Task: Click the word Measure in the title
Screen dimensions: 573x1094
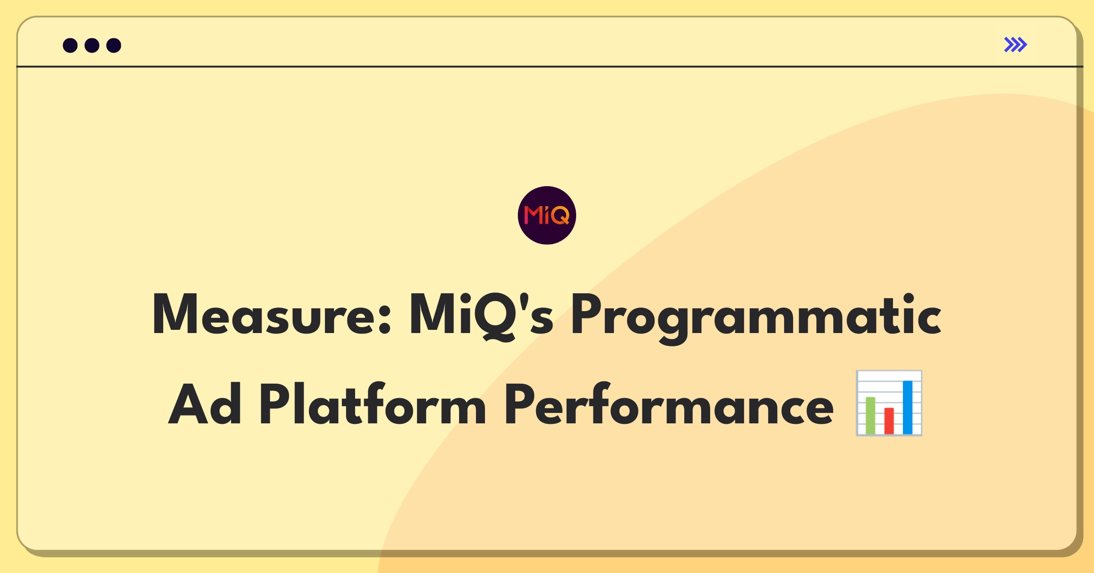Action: click(x=264, y=315)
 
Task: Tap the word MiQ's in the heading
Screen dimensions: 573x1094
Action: click(x=481, y=315)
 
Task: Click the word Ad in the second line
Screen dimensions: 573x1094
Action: click(x=205, y=404)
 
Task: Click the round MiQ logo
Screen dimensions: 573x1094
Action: click(x=547, y=215)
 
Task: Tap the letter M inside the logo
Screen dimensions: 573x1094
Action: click(x=532, y=215)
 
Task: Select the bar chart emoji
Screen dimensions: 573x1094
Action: click(x=889, y=403)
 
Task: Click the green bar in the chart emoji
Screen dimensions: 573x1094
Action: click(x=870, y=416)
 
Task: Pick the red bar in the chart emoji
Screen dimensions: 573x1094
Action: click(x=889, y=421)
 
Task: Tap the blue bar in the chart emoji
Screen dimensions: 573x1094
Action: click(x=908, y=407)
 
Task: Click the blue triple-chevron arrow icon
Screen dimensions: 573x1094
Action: click(x=1015, y=45)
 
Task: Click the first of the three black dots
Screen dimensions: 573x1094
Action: click(x=70, y=46)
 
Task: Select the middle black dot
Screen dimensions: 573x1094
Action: click(x=92, y=46)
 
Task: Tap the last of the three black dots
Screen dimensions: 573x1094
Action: click(x=114, y=46)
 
